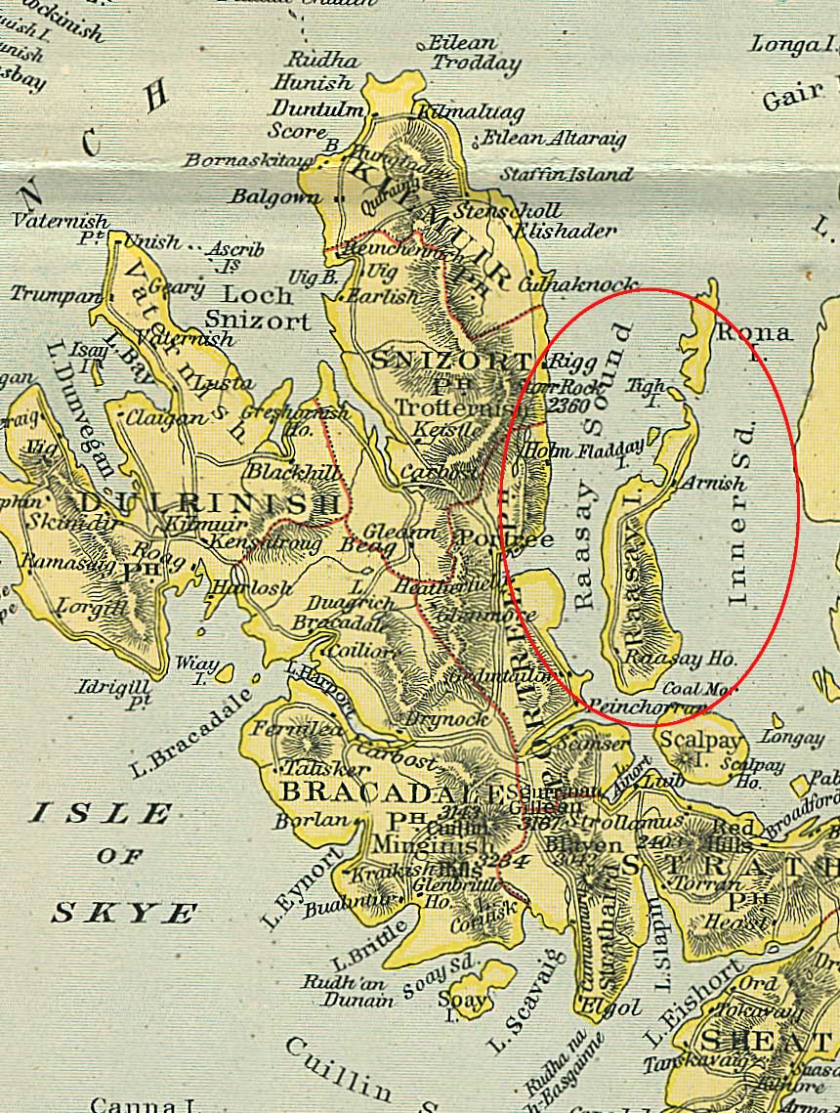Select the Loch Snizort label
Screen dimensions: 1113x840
258,307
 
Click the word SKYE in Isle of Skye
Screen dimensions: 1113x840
124,914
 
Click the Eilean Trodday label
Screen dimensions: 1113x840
476,55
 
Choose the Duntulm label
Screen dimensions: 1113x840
316,108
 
